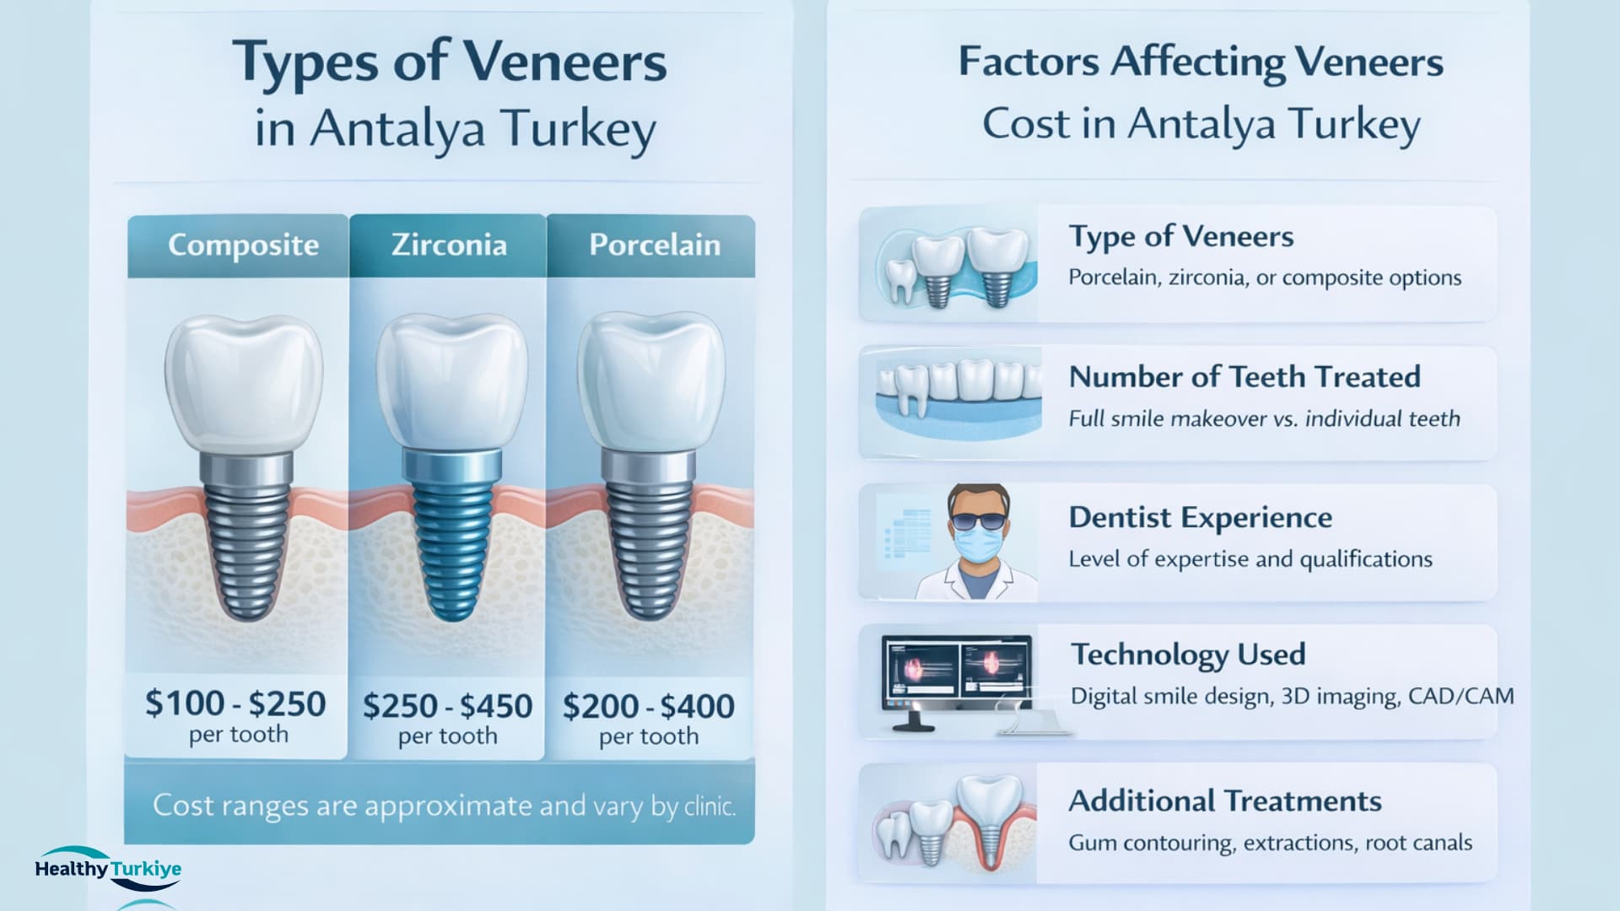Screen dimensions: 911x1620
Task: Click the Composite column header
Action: [243, 245]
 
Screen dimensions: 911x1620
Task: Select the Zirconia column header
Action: [449, 245]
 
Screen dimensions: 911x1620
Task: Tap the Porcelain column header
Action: [655, 245]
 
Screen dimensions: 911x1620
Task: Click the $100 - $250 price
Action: [235, 703]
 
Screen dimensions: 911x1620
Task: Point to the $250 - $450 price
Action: [447, 706]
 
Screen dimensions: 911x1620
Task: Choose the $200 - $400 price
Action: [649, 706]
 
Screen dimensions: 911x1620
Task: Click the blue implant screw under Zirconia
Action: [447, 540]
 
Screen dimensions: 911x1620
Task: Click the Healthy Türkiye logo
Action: [108, 869]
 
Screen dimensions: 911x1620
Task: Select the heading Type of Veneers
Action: [1180, 237]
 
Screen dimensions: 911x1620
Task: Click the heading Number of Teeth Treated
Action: [1245, 377]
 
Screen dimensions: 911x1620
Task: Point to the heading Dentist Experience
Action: [1200, 517]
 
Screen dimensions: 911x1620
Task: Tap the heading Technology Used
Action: [1188, 655]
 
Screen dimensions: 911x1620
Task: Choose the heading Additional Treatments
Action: [1224, 800]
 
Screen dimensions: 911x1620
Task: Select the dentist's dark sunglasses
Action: [979, 520]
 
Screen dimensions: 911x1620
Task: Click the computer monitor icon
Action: [956, 675]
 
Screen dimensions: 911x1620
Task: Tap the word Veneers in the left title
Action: [564, 62]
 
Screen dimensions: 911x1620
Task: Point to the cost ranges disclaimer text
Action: [444, 806]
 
